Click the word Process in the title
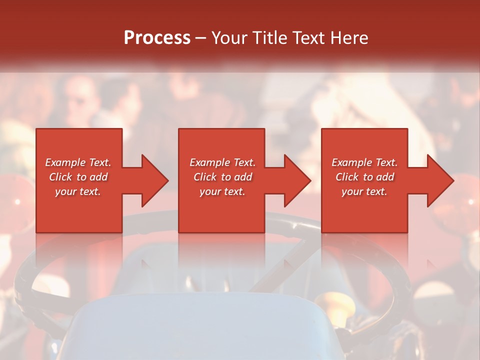[157, 37]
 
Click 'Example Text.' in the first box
[78, 162]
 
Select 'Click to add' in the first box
[78, 177]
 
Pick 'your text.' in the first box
[78, 191]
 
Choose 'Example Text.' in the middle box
[222, 162]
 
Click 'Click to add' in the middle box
[222, 177]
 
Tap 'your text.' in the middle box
[222, 191]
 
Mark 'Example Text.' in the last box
[364, 162]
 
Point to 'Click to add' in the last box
[364, 177]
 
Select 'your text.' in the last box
[364, 191]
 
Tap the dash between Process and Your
[200, 38]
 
